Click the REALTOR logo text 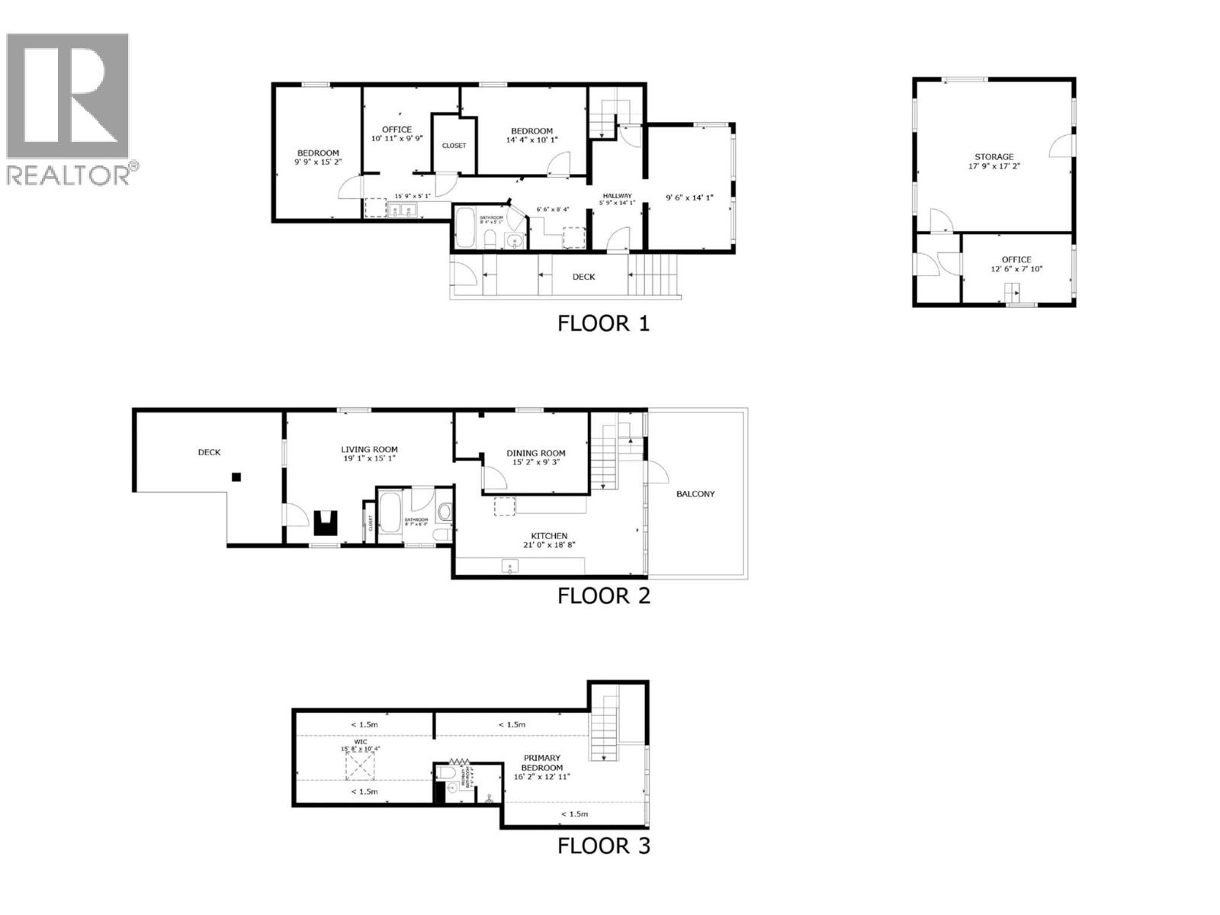(x=69, y=174)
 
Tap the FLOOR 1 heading (x=603, y=323)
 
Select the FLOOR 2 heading (x=603, y=596)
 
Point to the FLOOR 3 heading (x=603, y=846)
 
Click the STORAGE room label (x=994, y=156)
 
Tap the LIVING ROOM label (x=369, y=450)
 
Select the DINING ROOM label (x=536, y=453)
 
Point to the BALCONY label (x=695, y=494)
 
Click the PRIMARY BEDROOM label (x=542, y=762)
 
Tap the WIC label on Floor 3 (x=361, y=741)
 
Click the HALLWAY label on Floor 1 (x=617, y=196)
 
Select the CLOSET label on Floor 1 (x=454, y=146)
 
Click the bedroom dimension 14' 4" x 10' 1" (x=531, y=140)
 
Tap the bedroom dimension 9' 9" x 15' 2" (x=317, y=162)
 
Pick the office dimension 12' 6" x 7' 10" (x=1016, y=269)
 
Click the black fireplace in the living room (x=326, y=522)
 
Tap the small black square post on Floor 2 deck (x=236, y=477)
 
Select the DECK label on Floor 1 (x=583, y=277)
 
